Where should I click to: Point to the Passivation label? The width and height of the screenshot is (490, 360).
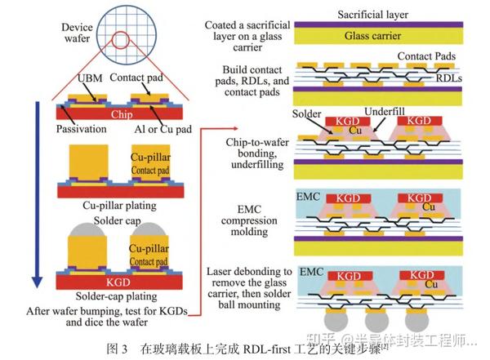(83, 130)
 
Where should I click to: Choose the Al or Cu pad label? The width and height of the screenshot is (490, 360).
(163, 130)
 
